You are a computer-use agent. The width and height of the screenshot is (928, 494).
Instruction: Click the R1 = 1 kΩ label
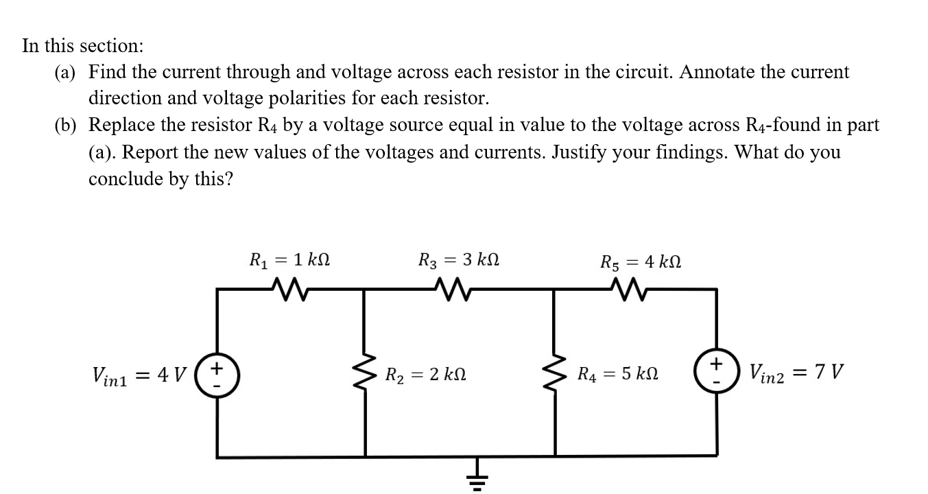click(290, 261)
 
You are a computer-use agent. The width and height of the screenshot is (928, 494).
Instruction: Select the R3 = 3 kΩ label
click(459, 261)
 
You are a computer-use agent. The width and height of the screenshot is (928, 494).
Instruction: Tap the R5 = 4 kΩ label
click(641, 261)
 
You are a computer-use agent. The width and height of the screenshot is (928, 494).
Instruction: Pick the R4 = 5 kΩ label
click(618, 375)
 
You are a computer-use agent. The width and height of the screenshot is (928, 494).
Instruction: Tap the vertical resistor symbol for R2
click(365, 375)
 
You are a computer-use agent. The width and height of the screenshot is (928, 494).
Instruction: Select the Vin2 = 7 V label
click(796, 373)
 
